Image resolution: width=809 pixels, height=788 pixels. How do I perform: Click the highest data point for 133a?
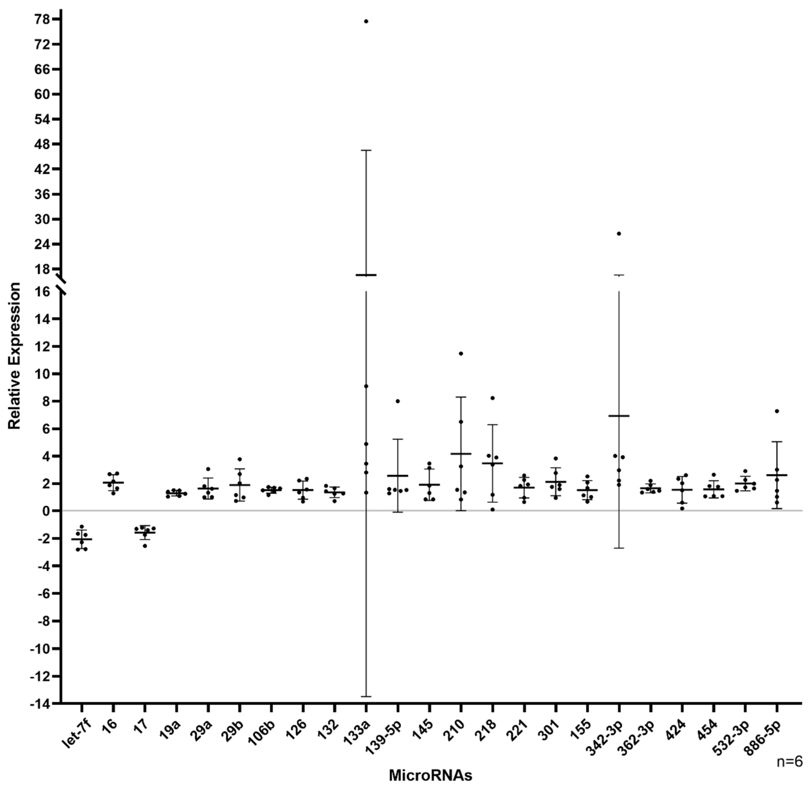click(366, 21)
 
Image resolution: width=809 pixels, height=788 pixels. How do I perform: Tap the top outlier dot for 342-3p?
click(619, 233)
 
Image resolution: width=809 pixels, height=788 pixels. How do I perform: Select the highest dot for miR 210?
click(461, 353)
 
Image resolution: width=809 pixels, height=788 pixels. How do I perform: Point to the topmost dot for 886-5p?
click(777, 411)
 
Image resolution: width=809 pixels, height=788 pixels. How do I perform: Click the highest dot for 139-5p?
click(398, 401)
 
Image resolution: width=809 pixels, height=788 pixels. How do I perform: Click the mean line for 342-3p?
click(619, 415)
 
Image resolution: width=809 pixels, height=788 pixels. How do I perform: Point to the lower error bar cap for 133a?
click(366, 696)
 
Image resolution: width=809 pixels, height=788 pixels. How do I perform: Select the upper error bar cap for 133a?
click(366, 150)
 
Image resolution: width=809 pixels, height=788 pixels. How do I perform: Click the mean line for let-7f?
click(82, 539)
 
